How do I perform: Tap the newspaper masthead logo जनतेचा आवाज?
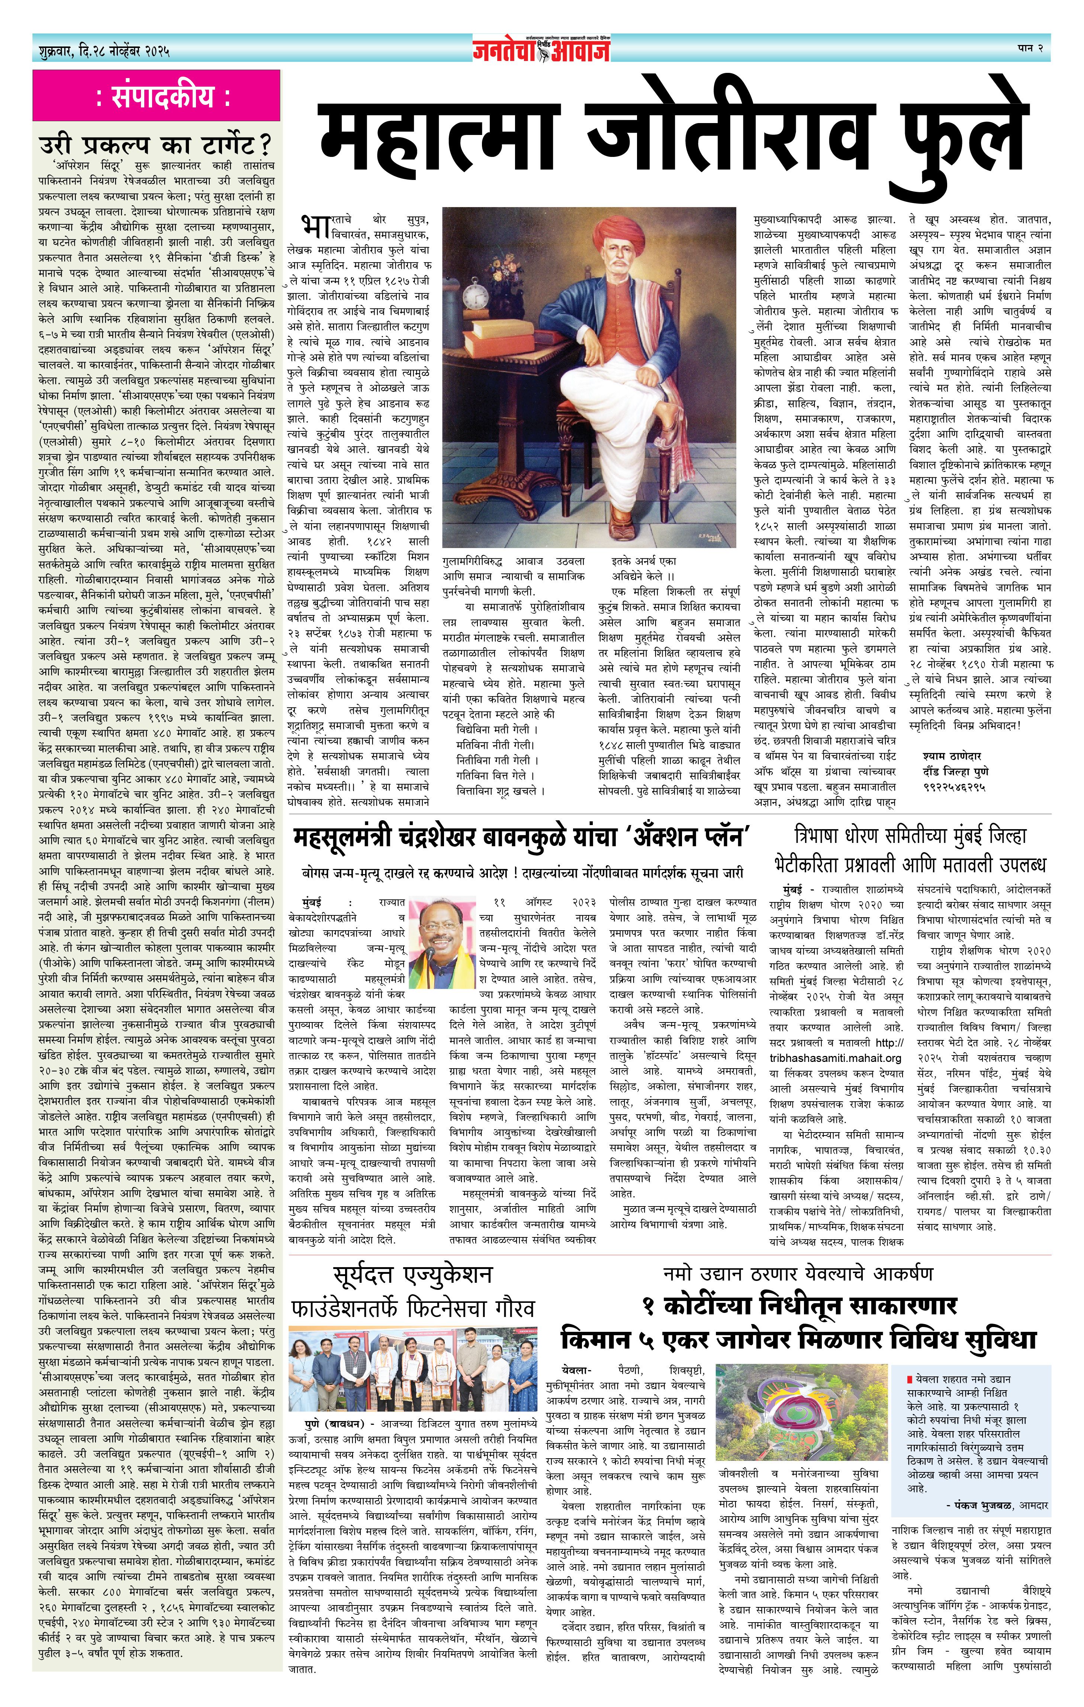click(x=542, y=49)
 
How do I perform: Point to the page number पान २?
click(x=1030, y=48)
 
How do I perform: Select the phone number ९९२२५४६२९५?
click(x=954, y=787)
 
